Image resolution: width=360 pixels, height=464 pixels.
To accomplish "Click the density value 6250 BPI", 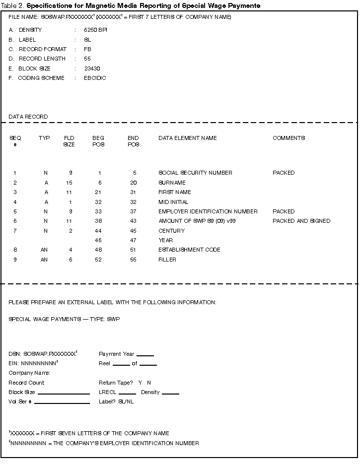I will pyautogui.click(x=95, y=30).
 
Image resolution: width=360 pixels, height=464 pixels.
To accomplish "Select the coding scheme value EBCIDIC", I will pyautogui.click(x=95, y=78).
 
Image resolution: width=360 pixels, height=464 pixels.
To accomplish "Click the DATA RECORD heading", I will pyautogui.click(x=28, y=117).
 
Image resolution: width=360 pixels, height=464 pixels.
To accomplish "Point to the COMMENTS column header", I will pyautogui.click(x=288, y=138).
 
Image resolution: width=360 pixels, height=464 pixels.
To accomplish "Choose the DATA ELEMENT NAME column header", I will pyautogui.click(x=187, y=138).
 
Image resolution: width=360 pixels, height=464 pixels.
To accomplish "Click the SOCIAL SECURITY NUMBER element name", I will pyautogui.click(x=195, y=173).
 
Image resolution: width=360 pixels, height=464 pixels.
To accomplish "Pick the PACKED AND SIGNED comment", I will pyautogui.click(x=301, y=221).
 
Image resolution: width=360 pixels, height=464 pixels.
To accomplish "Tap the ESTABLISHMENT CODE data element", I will pyautogui.click(x=189, y=250).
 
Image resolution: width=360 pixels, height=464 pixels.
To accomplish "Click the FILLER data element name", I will pyautogui.click(x=167, y=260).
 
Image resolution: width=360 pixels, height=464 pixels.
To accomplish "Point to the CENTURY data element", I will pyautogui.click(x=171, y=231).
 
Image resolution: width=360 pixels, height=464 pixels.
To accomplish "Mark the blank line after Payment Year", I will pyautogui.click(x=145, y=355).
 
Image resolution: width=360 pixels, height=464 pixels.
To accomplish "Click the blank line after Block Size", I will pyautogui.click(x=64, y=394).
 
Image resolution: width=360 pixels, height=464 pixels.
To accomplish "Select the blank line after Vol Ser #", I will pyautogui.click(x=62, y=403).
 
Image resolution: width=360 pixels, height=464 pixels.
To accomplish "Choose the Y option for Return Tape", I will pyautogui.click(x=140, y=383).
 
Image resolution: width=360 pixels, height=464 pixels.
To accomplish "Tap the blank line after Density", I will pyautogui.click(x=170, y=394).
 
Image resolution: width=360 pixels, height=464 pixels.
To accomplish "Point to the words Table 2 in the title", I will pyautogui.click(x=12, y=5).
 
